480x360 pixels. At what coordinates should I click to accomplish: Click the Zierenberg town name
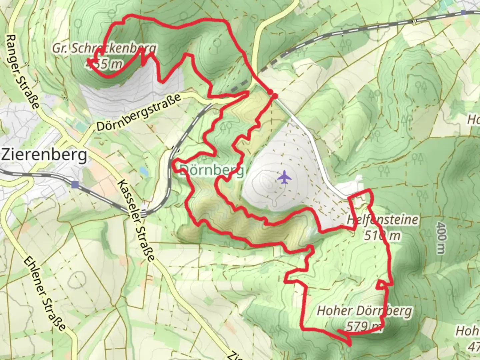(x=44, y=155)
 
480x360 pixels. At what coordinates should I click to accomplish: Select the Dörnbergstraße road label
(x=139, y=112)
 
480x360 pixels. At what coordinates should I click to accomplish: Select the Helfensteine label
(x=382, y=220)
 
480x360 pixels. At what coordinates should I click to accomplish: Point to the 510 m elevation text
(x=382, y=236)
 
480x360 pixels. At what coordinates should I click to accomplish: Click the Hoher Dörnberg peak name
(x=364, y=311)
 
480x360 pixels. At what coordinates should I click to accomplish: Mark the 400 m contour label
(x=441, y=238)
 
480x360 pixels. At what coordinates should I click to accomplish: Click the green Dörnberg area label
(x=212, y=171)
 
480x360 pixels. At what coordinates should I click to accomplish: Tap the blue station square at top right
(x=464, y=13)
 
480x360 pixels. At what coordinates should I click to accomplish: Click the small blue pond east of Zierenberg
(x=144, y=171)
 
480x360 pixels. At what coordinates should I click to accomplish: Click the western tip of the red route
(x=88, y=60)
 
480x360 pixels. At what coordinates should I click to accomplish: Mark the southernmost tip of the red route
(x=349, y=345)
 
